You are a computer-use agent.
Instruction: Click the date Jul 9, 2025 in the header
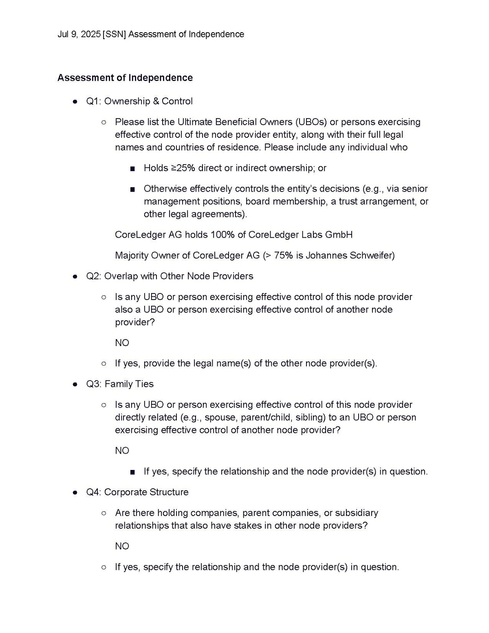(79, 34)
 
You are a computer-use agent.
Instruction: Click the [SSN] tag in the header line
(115, 34)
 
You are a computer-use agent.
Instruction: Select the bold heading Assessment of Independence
(125, 77)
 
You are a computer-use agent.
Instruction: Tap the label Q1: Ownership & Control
(139, 101)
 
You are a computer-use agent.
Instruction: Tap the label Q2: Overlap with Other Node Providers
(170, 276)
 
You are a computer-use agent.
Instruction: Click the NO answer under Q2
(122, 343)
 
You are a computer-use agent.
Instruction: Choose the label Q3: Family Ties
(120, 384)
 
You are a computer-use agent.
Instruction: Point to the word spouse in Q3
(220, 417)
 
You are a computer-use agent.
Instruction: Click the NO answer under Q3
(122, 451)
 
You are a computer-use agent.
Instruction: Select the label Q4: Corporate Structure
(137, 492)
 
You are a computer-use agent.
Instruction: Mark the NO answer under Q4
(122, 546)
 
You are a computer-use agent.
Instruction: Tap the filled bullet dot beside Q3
(75, 384)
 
